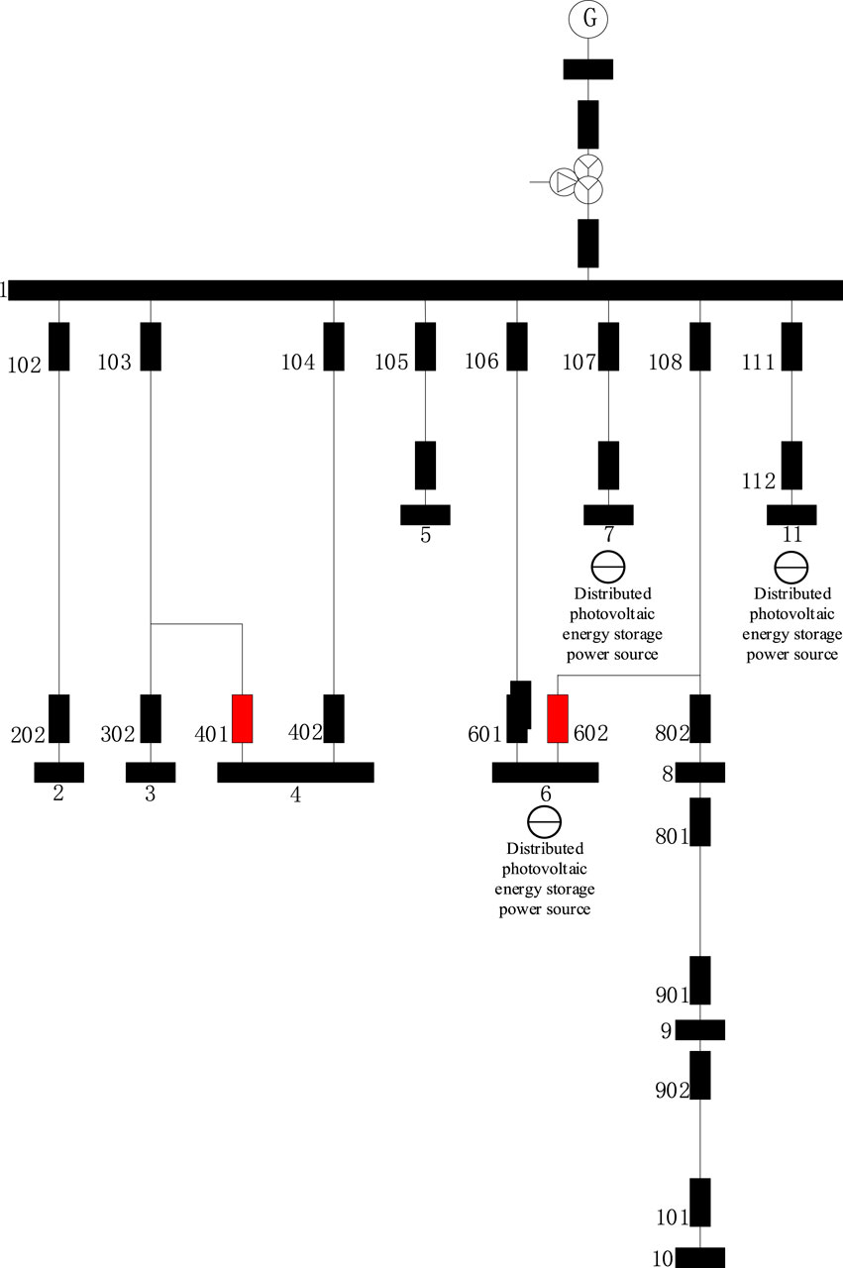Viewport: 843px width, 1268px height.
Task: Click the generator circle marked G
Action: (x=587, y=18)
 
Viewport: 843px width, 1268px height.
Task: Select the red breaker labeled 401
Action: (x=242, y=718)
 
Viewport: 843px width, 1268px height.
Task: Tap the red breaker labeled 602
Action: (x=558, y=718)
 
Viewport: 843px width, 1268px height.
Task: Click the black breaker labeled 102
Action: (x=59, y=347)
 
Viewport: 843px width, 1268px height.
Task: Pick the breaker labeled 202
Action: (x=59, y=718)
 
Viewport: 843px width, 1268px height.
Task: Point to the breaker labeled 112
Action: (x=791, y=466)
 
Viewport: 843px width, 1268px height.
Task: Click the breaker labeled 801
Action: (x=700, y=821)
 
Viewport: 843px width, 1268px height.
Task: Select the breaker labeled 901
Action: (x=700, y=980)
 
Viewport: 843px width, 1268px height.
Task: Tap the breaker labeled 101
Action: (x=700, y=1202)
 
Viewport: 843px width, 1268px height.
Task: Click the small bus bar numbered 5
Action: (x=425, y=515)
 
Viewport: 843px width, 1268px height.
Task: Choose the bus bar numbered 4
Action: (x=295, y=773)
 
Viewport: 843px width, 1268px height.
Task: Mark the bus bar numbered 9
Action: (x=700, y=1030)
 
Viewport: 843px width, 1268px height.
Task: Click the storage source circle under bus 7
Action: (x=608, y=567)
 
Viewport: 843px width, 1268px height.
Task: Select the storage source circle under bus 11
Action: (x=791, y=567)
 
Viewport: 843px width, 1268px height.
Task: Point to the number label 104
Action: (x=298, y=363)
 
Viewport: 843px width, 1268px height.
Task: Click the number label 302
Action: (x=116, y=734)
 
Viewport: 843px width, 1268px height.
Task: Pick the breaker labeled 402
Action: (x=334, y=718)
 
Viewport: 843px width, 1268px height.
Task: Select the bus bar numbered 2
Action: (x=59, y=773)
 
